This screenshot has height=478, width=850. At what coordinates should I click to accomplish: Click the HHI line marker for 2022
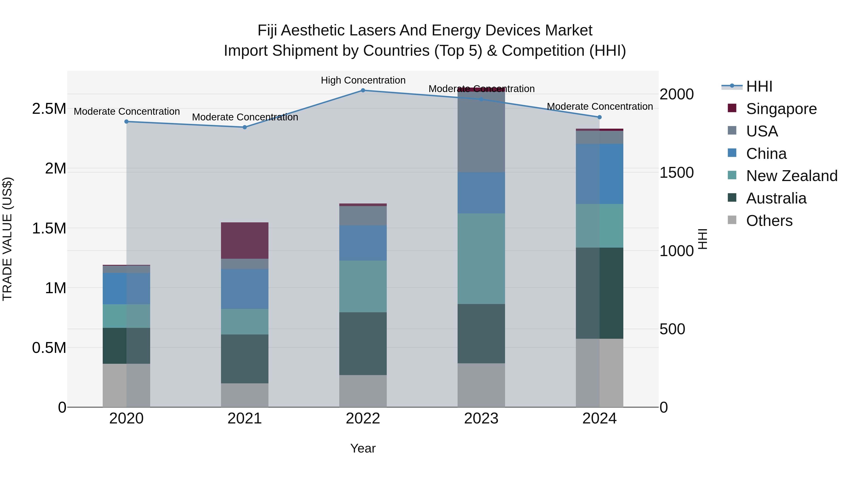363,90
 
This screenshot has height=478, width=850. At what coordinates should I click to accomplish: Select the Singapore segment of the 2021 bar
245,241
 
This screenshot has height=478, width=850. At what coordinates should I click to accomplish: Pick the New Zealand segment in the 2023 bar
481,259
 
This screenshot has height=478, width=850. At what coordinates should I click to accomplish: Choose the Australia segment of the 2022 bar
363,343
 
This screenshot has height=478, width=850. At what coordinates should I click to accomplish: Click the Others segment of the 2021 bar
245,395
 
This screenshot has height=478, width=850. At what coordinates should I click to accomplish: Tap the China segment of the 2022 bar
363,243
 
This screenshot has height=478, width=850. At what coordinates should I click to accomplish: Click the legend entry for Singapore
781,109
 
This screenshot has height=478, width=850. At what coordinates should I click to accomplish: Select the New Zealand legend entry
791,176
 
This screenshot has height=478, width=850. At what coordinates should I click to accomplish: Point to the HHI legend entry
759,86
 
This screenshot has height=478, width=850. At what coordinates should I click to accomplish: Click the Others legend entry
769,221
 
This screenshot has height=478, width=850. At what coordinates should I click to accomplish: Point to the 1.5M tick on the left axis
49,228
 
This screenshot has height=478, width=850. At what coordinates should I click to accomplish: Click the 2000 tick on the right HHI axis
676,94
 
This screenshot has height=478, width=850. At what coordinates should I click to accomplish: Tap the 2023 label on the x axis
481,419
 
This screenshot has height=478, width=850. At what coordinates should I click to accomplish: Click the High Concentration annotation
363,80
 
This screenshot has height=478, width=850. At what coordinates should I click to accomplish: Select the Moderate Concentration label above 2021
245,117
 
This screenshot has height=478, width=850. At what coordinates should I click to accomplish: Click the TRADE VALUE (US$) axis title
7,239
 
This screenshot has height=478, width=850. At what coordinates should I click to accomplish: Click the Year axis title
363,448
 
